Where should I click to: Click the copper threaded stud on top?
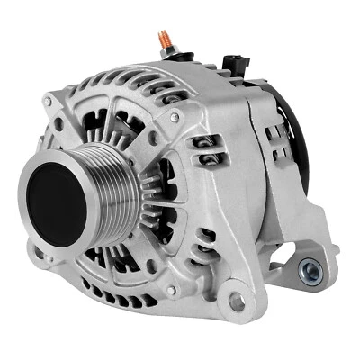(165, 39)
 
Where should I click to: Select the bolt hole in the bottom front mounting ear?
(237, 302)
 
